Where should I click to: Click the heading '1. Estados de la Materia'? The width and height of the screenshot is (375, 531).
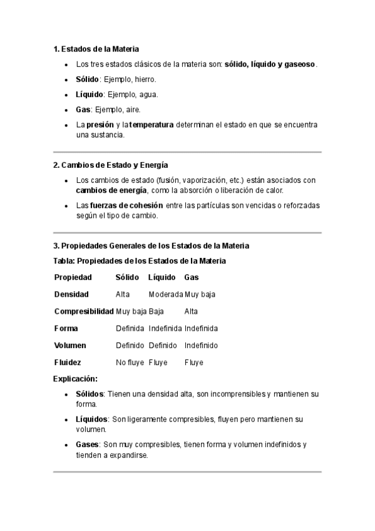pyautogui.click(x=96, y=49)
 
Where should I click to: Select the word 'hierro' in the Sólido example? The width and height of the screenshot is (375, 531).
pyautogui.click(x=145, y=80)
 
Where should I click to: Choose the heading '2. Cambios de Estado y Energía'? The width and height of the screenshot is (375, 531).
pyautogui.click(x=111, y=165)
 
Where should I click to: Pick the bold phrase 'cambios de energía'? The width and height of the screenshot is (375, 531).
pyautogui.click(x=111, y=190)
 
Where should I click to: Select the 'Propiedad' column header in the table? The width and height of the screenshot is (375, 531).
pyautogui.click(x=73, y=277)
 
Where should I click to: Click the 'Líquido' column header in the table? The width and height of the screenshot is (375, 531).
pyautogui.click(x=162, y=277)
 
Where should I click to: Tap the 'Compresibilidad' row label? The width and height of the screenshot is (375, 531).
pyautogui.click(x=84, y=311)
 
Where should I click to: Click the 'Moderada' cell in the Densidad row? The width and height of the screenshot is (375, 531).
pyautogui.click(x=166, y=294)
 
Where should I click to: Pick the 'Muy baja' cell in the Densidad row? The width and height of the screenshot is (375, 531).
pyautogui.click(x=200, y=294)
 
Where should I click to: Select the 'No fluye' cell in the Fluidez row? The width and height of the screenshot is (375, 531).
pyautogui.click(x=130, y=363)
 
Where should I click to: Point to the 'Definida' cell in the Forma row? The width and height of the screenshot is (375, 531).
pyautogui.click(x=130, y=328)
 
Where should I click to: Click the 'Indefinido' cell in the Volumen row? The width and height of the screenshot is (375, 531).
pyautogui.click(x=201, y=346)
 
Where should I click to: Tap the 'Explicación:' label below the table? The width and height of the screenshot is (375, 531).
pyautogui.click(x=75, y=379)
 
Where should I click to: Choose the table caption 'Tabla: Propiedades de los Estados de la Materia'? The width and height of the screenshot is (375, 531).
pyautogui.click(x=140, y=260)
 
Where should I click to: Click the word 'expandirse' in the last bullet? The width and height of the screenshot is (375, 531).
pyautogui.click(x=129, y=455)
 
